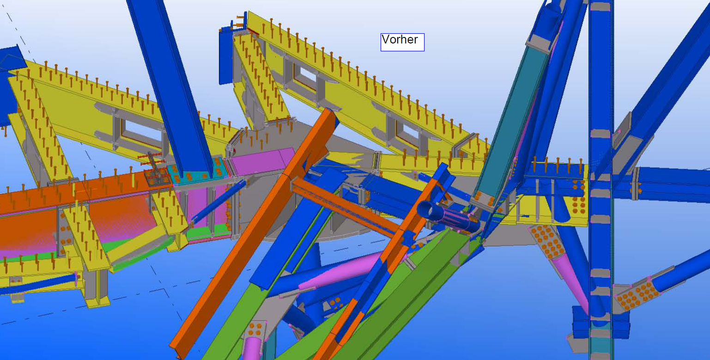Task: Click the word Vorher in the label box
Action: pos(400,40)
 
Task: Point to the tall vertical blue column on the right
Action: pos(601,177)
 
